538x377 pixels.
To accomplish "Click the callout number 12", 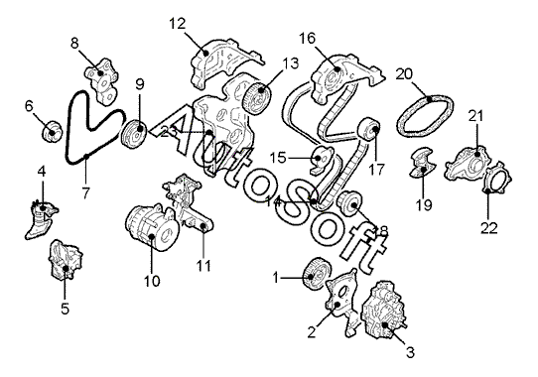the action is pyautogui.click(x=177, y=24).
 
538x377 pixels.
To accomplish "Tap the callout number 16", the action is pyautogui.click(x=307, y=39).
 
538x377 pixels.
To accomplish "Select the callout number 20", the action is pyautogui.click(x=404, y=74).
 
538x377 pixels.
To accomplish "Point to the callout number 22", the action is pyautogui.click(x=489, y=228).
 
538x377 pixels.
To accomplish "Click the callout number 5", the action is pyautogui.click(x=66, y=309).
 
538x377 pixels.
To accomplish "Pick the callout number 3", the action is pyautogui.click(x=410, y=352).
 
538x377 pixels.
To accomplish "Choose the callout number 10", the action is pyautogui.click(x=152, y=281).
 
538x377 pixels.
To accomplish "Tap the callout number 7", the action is pyautogui.click(x=85, y=193).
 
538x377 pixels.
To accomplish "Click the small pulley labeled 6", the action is pyautogui.click(x=53, y=130).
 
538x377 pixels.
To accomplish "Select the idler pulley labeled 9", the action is pyautogui.click(x=135, y=134).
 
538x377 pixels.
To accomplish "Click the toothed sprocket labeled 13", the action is pyautogui.click(x=257, y=97).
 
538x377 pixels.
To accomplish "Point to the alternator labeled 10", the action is pyautogui.click(x=153, y=227).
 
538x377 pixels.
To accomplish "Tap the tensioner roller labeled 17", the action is pyautogui.click(x=369, y=131).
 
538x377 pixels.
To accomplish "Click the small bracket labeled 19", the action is pyautogui.click(x=423, y=163).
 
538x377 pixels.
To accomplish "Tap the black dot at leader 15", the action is pyautogui.click(x=318, y=158).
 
